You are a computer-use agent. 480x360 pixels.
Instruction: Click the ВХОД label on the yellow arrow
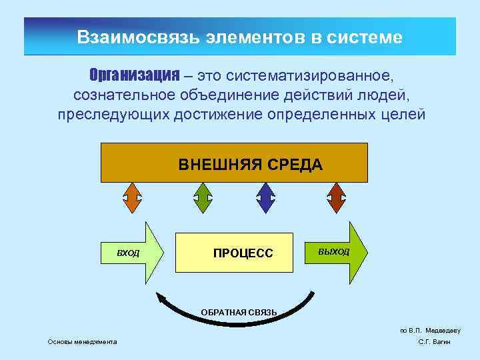[128, 253]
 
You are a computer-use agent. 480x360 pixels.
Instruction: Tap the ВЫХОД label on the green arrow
[333, 251]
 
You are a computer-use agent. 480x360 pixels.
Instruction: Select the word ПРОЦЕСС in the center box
[243, 253]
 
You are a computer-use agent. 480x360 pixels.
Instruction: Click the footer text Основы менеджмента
[82, 342]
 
